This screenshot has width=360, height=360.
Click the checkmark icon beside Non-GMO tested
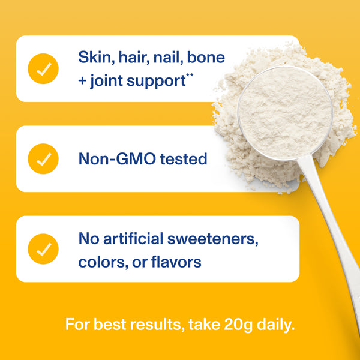coord(43,159)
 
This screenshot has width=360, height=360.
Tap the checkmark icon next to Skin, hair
coord(43,68)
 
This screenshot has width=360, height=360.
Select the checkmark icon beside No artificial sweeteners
coord(43,249)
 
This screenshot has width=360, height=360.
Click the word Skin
coord(94,58)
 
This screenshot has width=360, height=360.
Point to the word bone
coord(206,58)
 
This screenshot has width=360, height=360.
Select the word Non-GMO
coord(116,159)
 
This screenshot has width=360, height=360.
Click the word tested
coord(182,159)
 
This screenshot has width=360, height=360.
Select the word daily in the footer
coord(273,325)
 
